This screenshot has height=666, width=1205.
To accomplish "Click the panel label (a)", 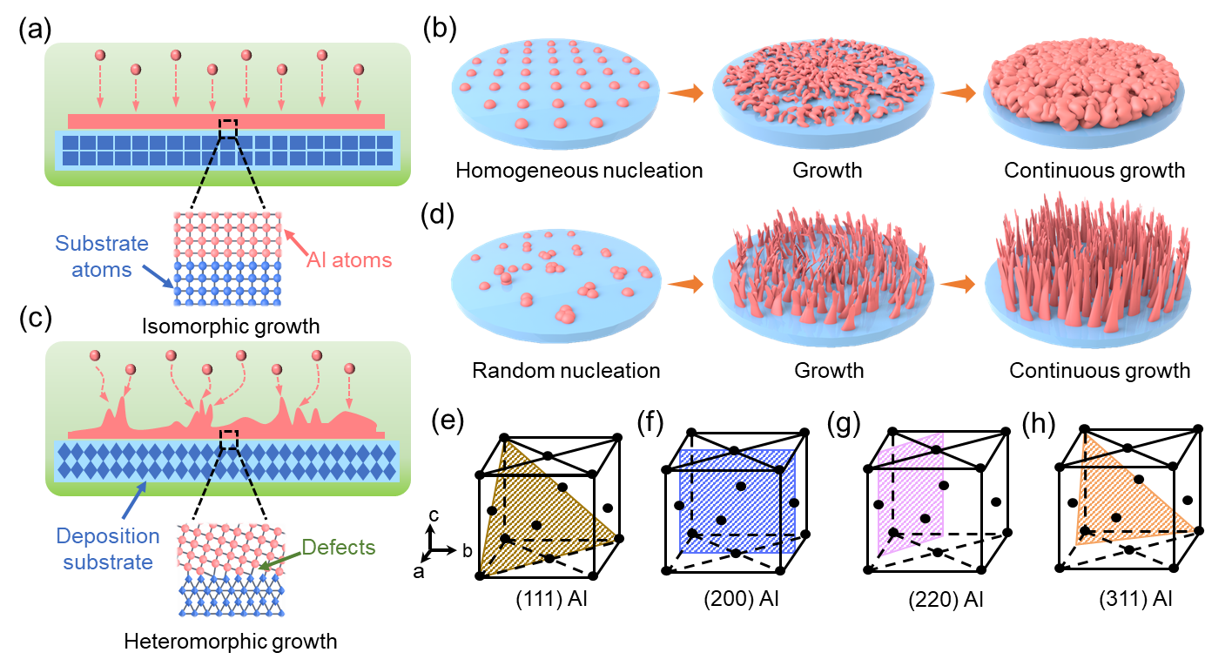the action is pyautogui.click(x=35, y=30).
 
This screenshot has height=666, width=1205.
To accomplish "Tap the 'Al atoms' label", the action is pyautogui.click(x=349, y=260).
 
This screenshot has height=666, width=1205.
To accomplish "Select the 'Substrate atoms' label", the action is pyautogui.click(x=102, y=257).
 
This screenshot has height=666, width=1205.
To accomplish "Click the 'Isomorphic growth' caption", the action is pyautogui.click(x=231, y=326).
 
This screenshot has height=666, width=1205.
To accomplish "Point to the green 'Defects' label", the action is pyautogui.click(x=339, y=547).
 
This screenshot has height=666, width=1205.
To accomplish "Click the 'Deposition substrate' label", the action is pyautogui.click(x=108, y=548).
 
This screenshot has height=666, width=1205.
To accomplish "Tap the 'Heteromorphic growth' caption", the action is pyautogui.click(x=230, y=642).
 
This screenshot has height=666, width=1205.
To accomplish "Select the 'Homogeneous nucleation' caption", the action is pyautogui.click(x=579, y=171).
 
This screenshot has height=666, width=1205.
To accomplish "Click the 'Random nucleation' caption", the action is pyautogui.click(x=566, y=371).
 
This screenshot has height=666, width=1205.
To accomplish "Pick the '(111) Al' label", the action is pyautogui.click(x=551, y=598).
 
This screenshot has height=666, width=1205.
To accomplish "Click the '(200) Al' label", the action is pyautogui.click(x=741, y=598).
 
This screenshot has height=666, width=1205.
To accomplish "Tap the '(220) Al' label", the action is pyautogui.click(x=946, y=599).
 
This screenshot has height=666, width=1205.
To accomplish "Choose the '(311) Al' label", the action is pyautogui.click(x=1135, y=598).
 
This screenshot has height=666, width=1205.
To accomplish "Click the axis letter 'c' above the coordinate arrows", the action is pyautogui.click(x=434, y=515).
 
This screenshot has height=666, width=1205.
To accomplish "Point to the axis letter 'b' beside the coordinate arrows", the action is pyautogui.click(x=467, y=550).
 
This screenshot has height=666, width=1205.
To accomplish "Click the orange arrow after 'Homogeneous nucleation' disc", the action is pyautogui.click(x=686, y=92).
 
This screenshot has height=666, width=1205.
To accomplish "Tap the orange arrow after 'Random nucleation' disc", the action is pyautogui.click(x=686, y=284).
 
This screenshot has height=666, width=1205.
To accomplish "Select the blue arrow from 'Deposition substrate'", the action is pyautogui.click(x=134, y=500).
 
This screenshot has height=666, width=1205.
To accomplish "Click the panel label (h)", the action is pyautogui.click(x=1038, y=423).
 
